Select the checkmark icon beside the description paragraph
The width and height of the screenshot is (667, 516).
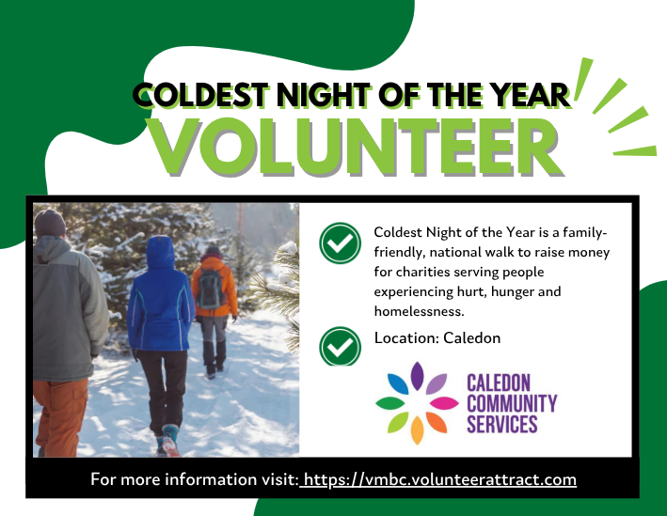[340, 244]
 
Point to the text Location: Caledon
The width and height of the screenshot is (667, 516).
[437, 337]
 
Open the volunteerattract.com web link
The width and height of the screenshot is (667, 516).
[438, 479]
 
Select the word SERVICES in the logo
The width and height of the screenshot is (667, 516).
[502, 424]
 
